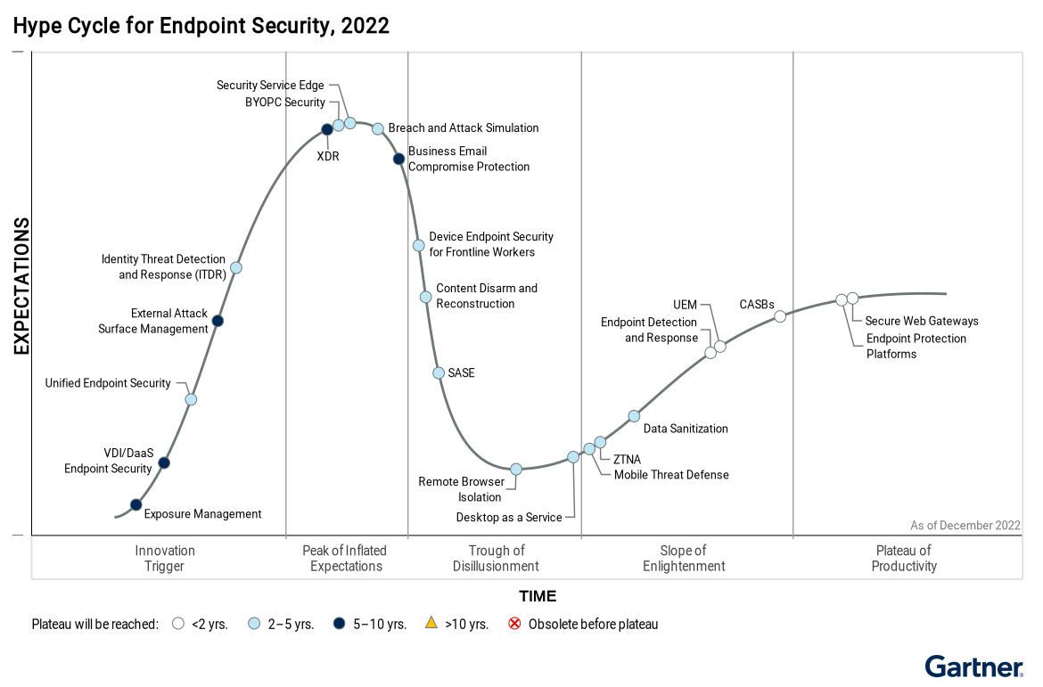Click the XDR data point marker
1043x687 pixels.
327,130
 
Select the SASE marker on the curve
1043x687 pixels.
439,373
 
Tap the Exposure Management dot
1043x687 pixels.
136,505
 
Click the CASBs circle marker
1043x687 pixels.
780,316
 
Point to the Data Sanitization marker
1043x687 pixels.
634,416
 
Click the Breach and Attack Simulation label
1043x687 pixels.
463,128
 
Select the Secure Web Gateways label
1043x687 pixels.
921,322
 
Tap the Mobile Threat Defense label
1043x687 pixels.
670,475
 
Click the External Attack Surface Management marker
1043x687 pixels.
218,321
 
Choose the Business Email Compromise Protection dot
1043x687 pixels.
398,159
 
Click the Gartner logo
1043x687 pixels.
973,667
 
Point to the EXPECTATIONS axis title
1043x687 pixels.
22,286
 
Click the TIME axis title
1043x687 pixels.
538,596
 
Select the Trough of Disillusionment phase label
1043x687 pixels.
495,559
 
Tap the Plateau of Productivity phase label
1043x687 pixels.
903,559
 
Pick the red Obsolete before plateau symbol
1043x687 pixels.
514,624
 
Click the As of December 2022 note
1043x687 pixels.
965,526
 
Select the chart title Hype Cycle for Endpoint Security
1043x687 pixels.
201,26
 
